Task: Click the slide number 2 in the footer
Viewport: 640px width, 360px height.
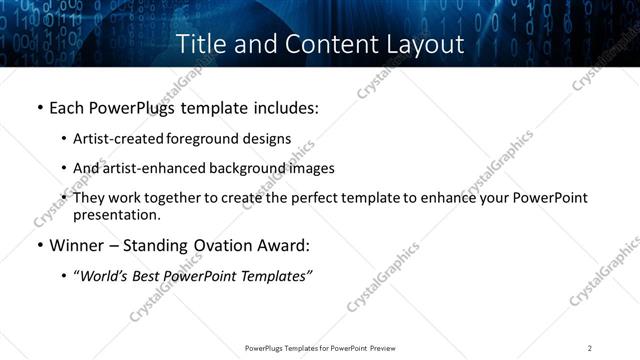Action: coord(590,348)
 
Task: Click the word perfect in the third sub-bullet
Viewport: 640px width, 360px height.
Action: coord(299,198)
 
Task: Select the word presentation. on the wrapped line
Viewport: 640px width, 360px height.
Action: coord(116,215)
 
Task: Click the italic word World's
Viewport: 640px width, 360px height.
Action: coord(103,276)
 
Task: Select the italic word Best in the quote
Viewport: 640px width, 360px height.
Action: coord(147,276)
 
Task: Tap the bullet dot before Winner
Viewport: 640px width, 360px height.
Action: coord(39,246)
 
